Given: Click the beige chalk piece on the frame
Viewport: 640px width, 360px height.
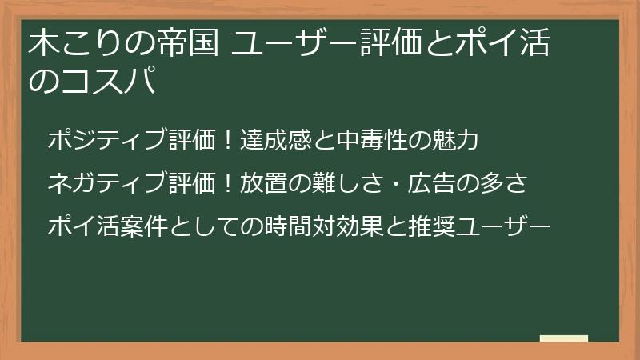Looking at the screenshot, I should (564, 339).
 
